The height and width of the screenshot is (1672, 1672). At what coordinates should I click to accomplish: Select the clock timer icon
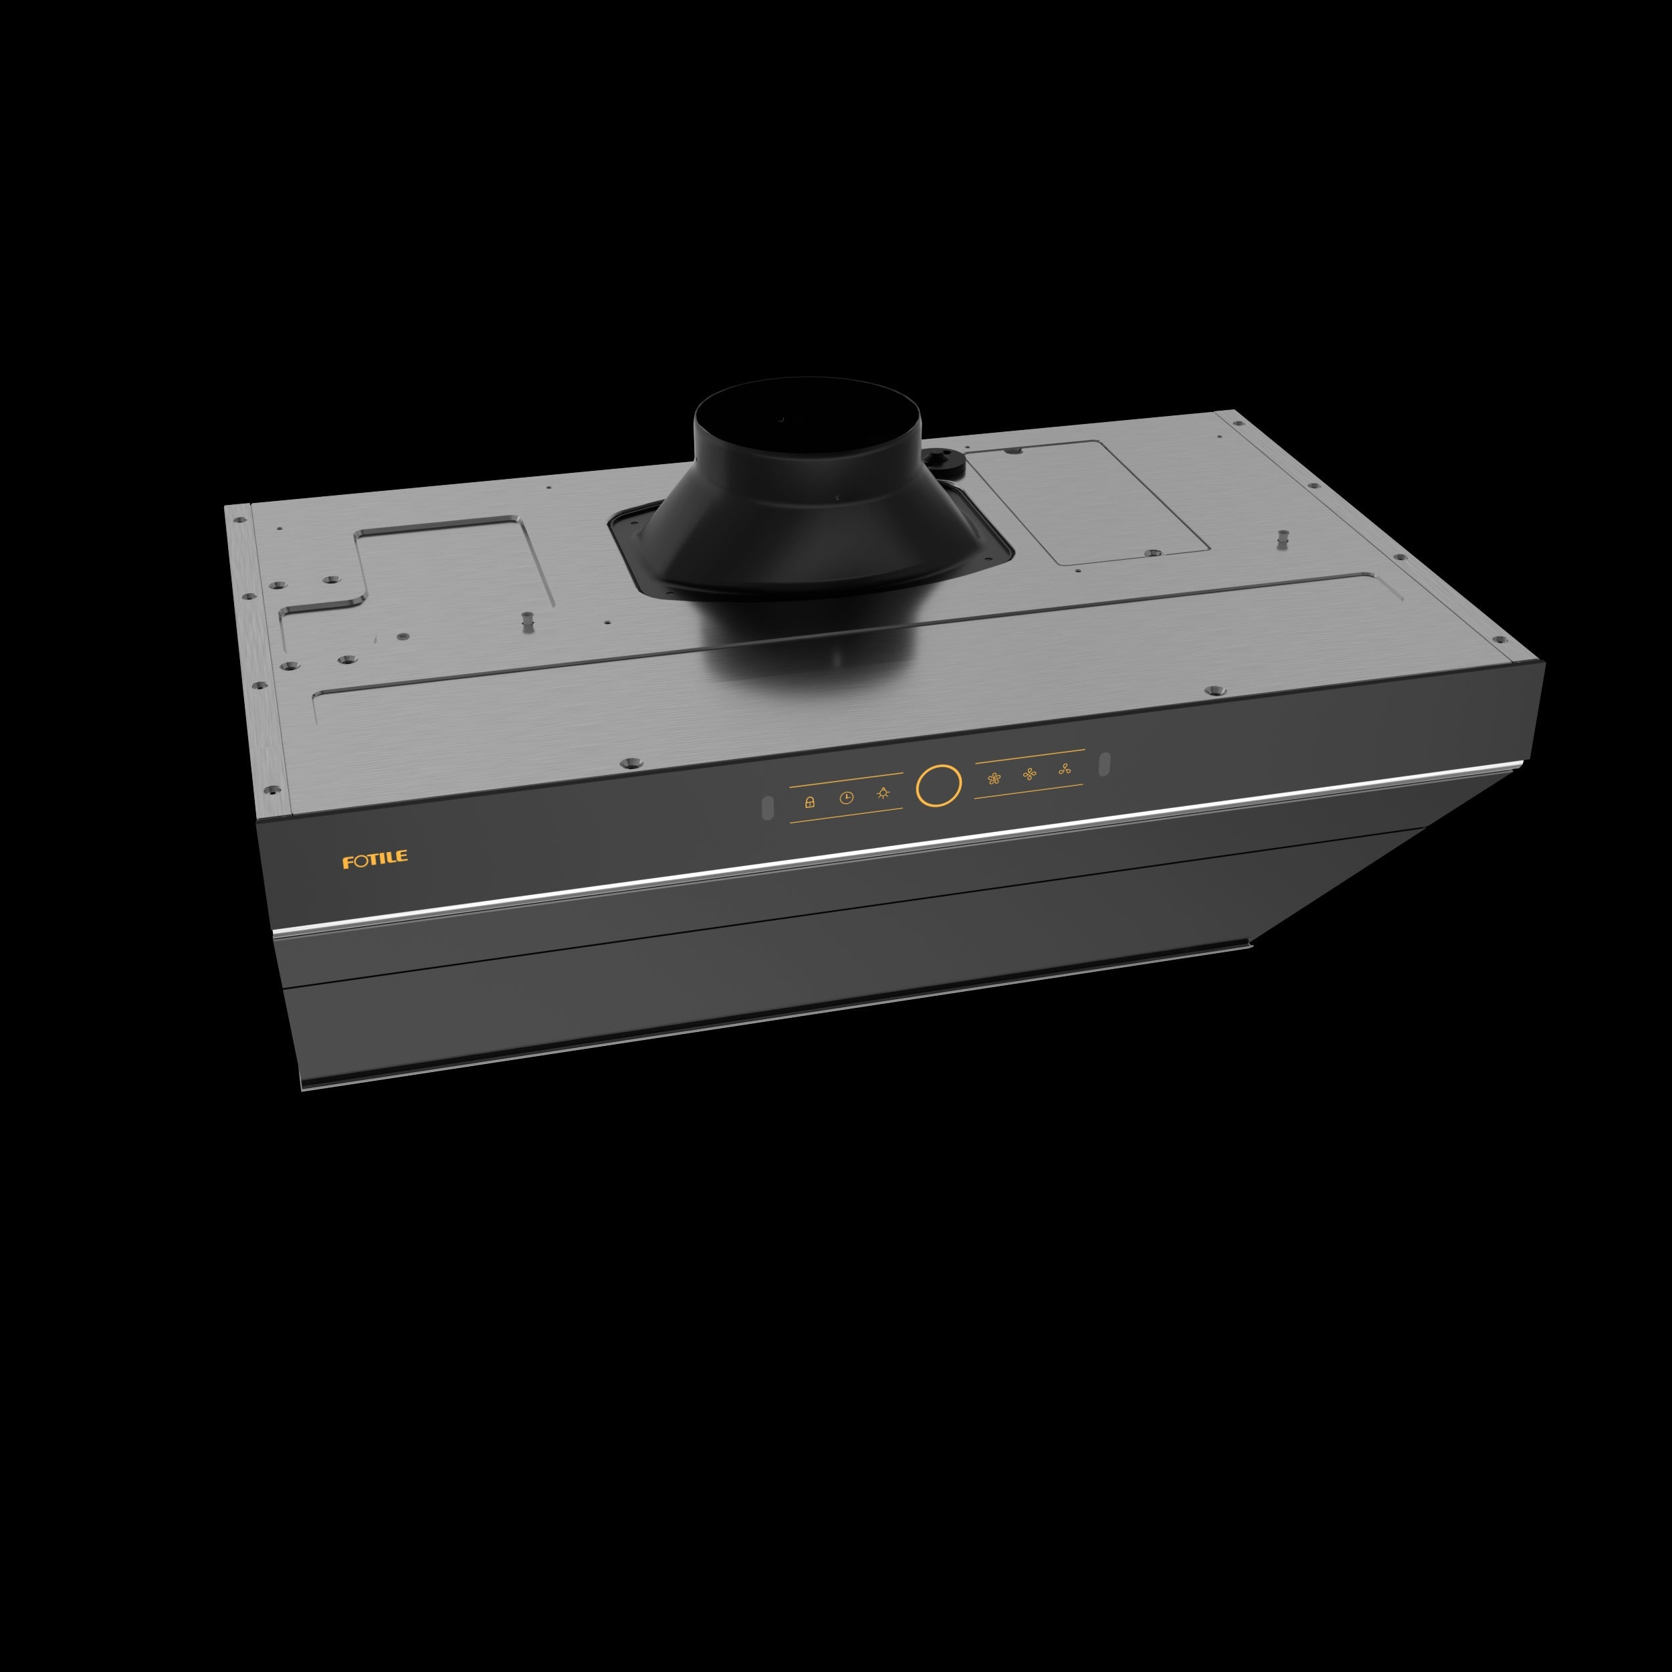point(847,798)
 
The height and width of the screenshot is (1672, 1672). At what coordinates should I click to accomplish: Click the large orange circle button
point(938,786)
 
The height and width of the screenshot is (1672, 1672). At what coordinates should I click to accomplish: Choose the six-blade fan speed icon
point(994,778)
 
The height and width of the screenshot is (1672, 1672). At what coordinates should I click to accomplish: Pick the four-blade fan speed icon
point(1029,774)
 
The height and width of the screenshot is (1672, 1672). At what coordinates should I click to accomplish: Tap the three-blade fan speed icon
point(1065,768)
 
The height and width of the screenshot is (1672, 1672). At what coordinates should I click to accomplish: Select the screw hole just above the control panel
point(629,763)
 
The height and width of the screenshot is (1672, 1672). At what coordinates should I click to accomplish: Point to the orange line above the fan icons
point(1030,756)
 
